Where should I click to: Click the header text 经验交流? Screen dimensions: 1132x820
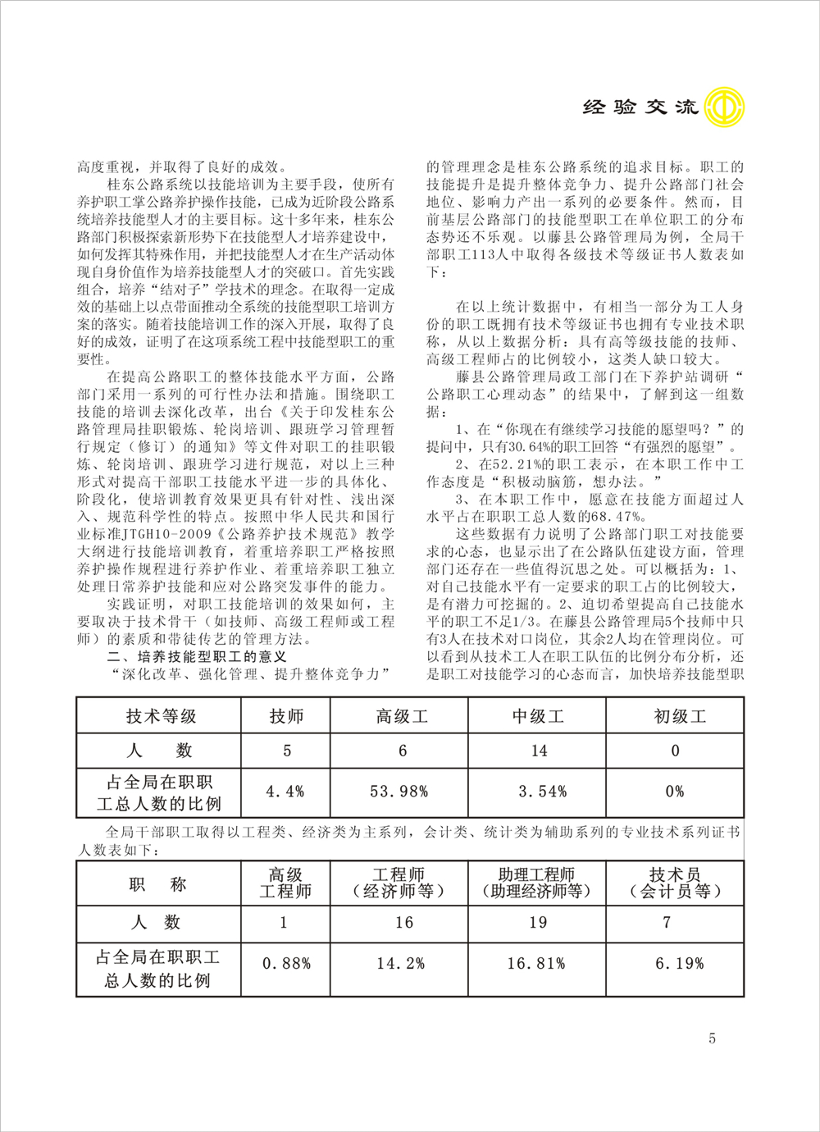pos(640,107)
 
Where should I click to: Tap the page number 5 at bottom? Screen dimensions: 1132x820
pos(712,1038)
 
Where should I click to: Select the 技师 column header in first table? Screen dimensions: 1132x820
pos(286,716)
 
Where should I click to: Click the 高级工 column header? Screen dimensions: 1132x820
pos(402,716)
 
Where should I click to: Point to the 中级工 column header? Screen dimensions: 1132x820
pos(538,716)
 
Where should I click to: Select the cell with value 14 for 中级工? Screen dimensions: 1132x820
pos(539,751)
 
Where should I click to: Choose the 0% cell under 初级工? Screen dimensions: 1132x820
pos(675,792)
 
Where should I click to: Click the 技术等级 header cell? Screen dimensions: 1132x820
pos(161,716)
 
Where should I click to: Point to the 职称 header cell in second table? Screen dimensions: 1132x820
pos(158,884)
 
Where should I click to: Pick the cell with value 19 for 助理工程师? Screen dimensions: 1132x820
pos(538,923)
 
